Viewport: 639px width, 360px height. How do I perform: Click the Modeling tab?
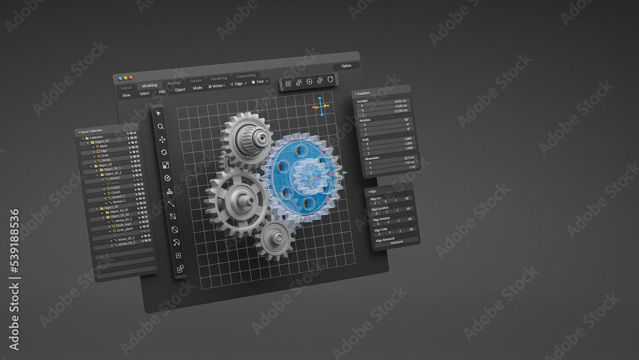pos(150,85)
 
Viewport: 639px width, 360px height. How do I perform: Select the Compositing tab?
pos(246,76)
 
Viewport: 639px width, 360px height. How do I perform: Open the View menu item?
pos(127,95)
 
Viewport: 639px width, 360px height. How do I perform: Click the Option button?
pos(346,65)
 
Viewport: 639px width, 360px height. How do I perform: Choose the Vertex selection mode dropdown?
pos(217,85)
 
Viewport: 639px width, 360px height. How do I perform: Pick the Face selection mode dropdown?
pos(259,82)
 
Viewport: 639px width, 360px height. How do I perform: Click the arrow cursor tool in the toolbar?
pos(159,113)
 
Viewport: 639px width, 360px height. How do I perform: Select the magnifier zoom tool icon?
pos(160,126)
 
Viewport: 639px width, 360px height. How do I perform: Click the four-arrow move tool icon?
pos(162,139)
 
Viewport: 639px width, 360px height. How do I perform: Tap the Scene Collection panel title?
pos(91,131)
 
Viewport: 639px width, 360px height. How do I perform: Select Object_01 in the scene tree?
pos(102,141)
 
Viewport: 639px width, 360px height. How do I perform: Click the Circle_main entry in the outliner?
pos(124,224)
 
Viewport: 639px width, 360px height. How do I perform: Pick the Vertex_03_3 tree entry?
pos(125,243)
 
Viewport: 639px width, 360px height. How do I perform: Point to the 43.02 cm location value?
pos(401,101)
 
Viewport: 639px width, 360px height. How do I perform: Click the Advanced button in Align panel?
pos(397,242)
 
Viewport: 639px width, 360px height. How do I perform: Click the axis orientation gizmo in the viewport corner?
pos(321,106)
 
